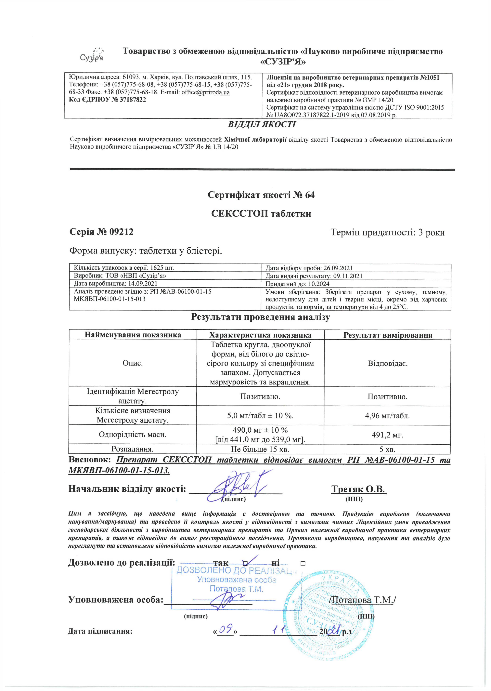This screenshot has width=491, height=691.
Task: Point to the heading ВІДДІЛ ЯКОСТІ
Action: [x=262, y=124]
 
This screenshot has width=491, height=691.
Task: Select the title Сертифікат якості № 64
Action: [x=261, y=195]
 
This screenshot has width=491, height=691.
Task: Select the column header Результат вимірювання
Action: [x=388, y=335]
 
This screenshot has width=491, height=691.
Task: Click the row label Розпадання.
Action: [x=132, y=449]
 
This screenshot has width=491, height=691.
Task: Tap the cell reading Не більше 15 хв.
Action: [x=260, y=449]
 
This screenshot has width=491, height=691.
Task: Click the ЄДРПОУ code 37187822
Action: [x=133, y=100]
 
